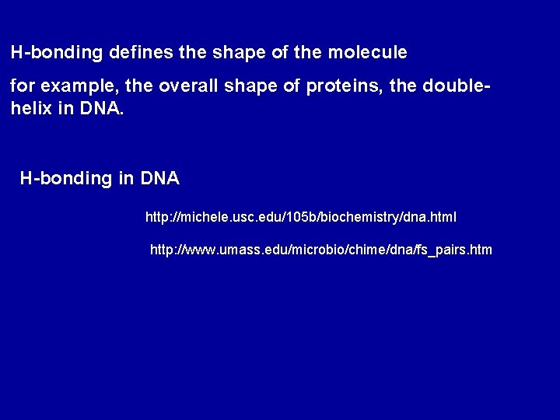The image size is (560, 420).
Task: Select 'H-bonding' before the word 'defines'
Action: click(57, 54)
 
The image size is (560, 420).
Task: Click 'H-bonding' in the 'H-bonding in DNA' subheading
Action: click(66, 179)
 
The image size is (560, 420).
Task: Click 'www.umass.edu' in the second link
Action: click(223, 250)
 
